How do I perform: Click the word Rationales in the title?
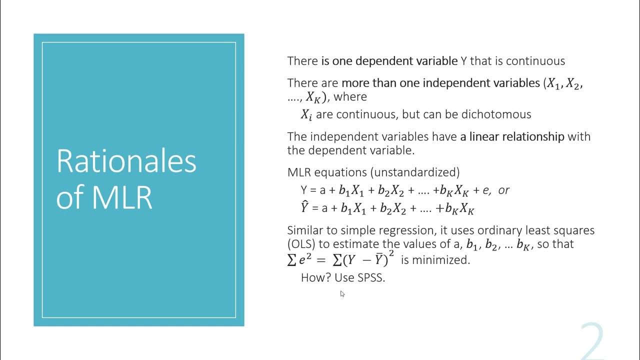[126, 161]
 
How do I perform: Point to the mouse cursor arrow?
[342, 293]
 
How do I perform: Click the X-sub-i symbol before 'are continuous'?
[306, 115]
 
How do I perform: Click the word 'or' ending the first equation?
[504, 190]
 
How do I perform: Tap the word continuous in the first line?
[535, 61]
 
